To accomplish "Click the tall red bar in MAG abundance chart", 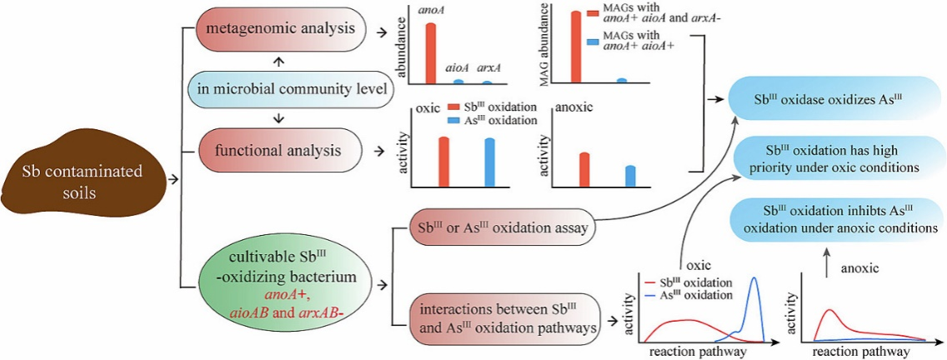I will click(575, 46).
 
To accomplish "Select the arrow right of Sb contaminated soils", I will click(174, 178).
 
